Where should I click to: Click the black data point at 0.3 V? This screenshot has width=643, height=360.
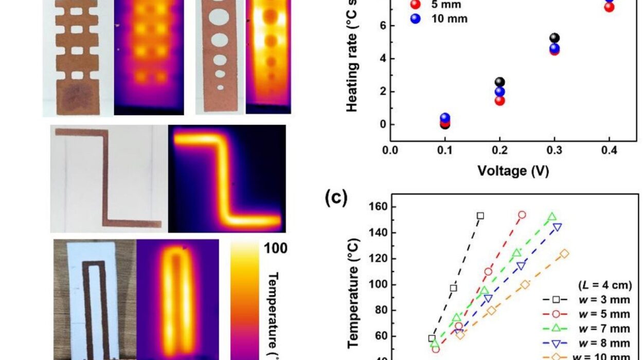(x=554, y=38)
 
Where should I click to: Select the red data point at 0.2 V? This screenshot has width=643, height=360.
(x=499, y=100)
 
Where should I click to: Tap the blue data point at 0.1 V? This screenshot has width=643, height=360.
(x=445, y=118)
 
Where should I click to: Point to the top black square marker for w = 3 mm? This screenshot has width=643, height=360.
(x=480, y=215)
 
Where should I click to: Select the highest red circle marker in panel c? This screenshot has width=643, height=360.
(x=522, y=214)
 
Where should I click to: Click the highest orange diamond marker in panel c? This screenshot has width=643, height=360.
(x=565, y=254)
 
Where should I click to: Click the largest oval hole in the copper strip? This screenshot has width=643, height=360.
(x=218, y=16)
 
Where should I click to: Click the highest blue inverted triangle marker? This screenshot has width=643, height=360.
(x=557, y=226)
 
